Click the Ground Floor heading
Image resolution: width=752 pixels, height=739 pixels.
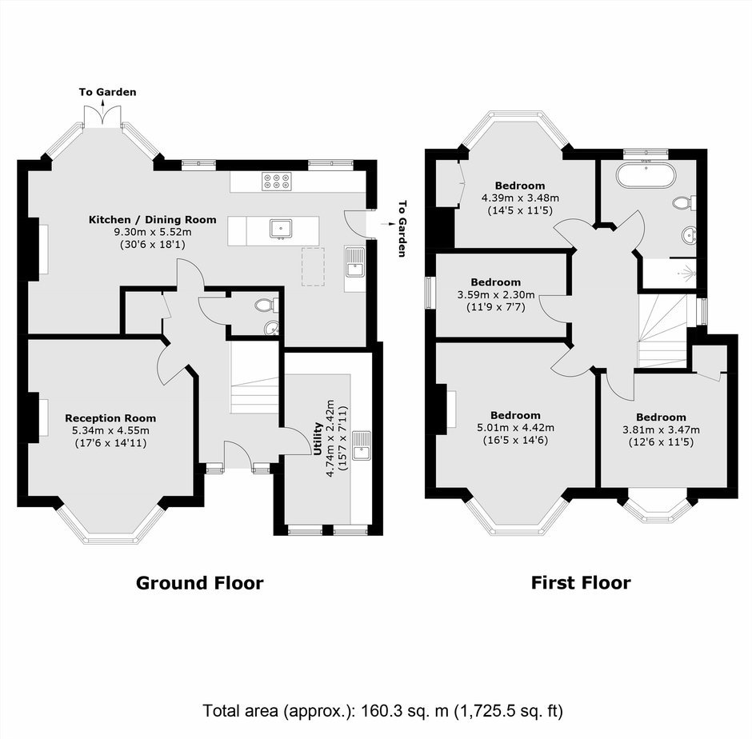click(x=199, y=583)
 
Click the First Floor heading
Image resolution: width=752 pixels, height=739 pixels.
click(x=581, y=583)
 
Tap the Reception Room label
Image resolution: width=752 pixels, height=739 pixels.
click(x=110, y=418)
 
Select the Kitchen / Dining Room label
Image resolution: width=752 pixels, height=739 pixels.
click(x=153, y=220)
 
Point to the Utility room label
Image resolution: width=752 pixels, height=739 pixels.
click(x=317, y=438)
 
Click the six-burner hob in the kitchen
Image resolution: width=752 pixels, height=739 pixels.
click(x=276, y=182)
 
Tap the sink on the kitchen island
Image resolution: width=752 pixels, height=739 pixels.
click(x=281, y=229)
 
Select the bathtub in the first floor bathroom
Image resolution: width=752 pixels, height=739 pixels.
click(x=646, y=176)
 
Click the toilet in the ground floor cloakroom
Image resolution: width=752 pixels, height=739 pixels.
click(x=266, y=305)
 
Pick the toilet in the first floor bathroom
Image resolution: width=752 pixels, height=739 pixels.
click(x=684, y=203)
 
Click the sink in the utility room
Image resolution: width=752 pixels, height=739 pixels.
click(x=361, y=445)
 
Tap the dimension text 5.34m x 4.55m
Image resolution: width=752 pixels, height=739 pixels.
click(x=110, y=430)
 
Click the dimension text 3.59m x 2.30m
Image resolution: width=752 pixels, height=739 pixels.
click(x=496, y=294)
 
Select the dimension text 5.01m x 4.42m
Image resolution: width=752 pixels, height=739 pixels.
click(x=515, y=428)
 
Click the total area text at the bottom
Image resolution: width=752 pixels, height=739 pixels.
click(x=382, y=711)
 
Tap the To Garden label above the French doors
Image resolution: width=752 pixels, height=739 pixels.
click(x=107, y=92)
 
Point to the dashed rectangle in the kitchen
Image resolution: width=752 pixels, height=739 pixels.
click(x=313, y=266)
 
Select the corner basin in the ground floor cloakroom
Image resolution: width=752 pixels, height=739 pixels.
click(x=271, y=328)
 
